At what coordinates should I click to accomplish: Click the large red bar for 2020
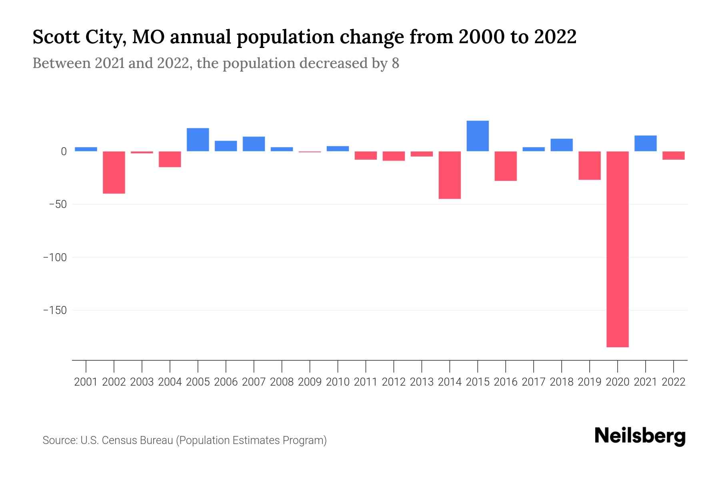[617, 249]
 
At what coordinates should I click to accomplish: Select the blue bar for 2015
[478, 136]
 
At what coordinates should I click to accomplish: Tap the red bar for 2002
[114, 172]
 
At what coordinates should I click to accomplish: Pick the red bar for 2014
[450, 175]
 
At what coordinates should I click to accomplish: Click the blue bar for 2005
[198, 140]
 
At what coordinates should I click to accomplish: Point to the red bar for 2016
[506, 166]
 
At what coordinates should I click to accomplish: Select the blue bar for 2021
[645, 143]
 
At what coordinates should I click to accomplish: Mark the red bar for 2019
[589, 166]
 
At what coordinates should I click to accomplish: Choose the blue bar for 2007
[254, 144]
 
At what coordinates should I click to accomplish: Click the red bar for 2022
[673, 156]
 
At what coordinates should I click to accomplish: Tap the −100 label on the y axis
[55, 257]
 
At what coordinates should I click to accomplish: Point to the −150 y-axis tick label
[55, 310]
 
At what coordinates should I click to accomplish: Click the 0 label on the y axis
[63, 152]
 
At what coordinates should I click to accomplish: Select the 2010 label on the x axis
[338, 382]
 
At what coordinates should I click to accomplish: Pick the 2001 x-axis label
[86, 382]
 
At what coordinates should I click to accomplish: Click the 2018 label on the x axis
[561, 382]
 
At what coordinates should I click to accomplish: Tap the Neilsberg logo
[640, 436]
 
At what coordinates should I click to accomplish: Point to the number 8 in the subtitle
[395, 64]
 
